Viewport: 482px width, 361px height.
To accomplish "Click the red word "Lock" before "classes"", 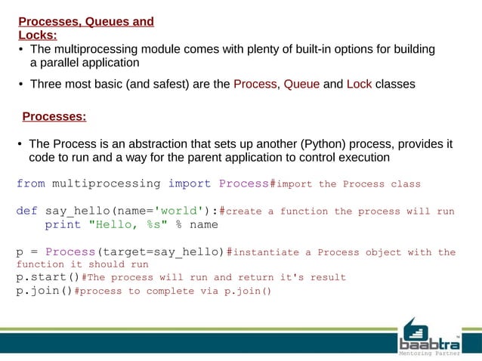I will point(359,84).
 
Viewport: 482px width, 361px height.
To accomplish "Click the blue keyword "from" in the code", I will point(31,184).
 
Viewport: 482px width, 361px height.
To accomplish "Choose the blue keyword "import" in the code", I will point(190,184).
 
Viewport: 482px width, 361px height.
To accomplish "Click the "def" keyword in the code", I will point(27,211).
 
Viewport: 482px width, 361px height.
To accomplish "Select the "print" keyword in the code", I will point(63,224).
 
